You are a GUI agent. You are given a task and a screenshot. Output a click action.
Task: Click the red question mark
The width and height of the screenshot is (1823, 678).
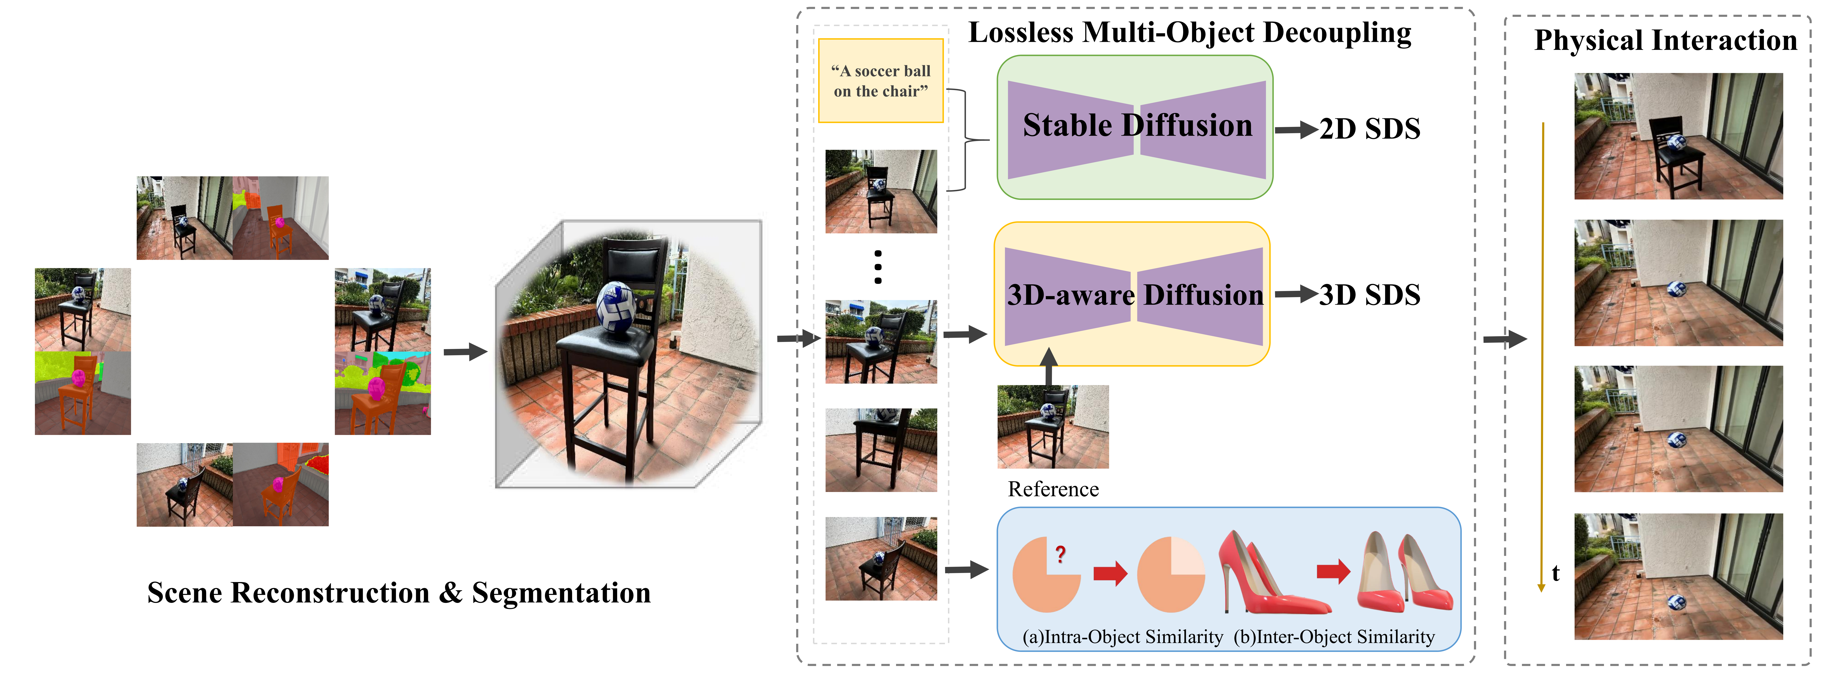[1060, 554]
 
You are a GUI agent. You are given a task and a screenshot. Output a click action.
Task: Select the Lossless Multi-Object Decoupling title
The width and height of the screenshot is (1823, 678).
[1190, 33]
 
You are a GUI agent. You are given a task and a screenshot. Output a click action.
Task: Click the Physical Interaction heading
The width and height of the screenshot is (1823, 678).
[1665, 40]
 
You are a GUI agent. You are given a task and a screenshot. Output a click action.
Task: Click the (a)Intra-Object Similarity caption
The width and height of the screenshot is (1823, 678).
[1122, 637]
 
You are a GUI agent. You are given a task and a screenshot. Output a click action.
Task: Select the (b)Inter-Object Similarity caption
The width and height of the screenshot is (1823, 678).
[1334, 637]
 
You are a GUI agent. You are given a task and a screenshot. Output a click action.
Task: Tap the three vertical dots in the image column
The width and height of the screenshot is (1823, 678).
[878, 267]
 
